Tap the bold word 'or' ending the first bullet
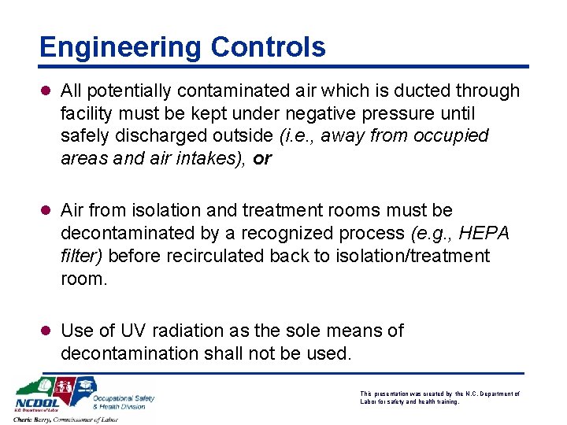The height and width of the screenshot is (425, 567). pyautogui.click(x=262, y=159)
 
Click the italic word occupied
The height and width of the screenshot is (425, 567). pyautogui.click(x=452, y=136)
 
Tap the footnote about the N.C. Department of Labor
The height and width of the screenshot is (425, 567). pyautogui.click(x=439, y=397)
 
